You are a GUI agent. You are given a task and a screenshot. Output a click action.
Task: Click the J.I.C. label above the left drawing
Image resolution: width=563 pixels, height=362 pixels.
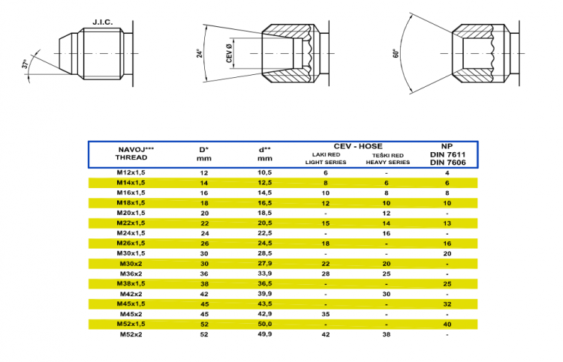click(102, 22)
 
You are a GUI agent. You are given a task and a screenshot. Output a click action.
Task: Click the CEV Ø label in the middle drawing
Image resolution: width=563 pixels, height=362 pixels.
click(229, 55)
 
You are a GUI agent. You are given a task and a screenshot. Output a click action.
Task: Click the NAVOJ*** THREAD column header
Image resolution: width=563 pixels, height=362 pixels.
click(132, 154)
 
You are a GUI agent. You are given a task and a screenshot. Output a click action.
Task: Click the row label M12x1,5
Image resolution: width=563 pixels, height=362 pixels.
click(132, 172)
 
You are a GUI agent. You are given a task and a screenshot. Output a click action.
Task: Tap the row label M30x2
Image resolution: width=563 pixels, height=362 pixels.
click(132, 263)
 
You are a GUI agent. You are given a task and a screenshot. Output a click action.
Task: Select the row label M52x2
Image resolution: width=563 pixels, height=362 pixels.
click(132, 334)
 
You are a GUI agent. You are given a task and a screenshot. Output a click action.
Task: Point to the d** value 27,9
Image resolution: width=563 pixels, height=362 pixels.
click(265, 263)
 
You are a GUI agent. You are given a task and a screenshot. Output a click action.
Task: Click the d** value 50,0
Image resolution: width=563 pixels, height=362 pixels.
click(265, 324)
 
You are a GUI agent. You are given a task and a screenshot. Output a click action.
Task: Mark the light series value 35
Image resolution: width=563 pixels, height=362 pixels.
click(326, 314)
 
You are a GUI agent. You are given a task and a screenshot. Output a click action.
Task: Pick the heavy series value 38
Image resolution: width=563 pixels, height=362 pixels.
click(386, 334)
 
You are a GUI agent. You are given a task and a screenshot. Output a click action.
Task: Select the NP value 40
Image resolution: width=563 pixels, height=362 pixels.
click(447, 324)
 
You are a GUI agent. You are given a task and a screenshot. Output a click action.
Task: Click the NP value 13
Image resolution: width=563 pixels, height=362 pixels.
click(447, 223)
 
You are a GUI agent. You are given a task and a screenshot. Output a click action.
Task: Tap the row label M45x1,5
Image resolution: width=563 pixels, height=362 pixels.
click(132, 304)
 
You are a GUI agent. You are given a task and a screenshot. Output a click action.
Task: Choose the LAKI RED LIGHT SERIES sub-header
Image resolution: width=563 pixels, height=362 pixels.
click(326, 158)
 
